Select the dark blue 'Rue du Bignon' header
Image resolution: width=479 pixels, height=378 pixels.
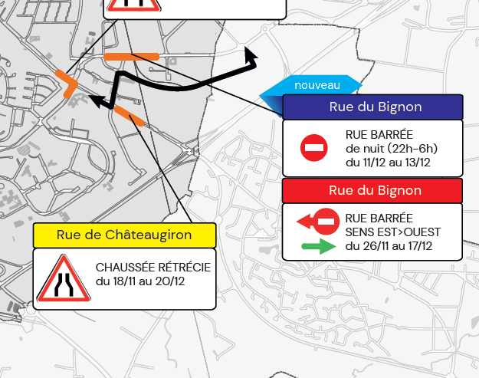(x=375, y=107)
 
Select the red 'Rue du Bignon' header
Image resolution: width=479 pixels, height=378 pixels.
(x=375, y=189)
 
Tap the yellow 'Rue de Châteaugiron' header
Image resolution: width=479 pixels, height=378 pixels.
(x=124, y=235)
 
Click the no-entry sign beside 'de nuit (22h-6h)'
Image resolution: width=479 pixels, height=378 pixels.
(x=314, y=147)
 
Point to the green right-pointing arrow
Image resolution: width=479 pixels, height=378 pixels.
(x=318, y=247)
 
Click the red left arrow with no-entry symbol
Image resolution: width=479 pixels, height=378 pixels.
(x=317, y=222)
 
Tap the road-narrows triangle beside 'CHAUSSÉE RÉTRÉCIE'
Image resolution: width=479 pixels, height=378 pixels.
(x=64, y=279)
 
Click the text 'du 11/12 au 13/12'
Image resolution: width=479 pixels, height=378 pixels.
(x=389, y=162)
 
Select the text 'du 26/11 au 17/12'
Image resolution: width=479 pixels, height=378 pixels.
(x=389, y=246)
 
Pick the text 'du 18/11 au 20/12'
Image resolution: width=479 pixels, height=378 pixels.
(x=139, y=281)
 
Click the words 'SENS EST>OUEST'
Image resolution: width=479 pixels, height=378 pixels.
(x=393, y=232)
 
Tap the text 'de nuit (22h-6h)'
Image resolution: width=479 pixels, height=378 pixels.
(x=391, y=148)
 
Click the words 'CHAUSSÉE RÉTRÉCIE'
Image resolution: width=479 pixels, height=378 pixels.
(x=153, y=267)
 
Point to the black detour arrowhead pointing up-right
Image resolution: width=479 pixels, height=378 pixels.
(x=249, y=54)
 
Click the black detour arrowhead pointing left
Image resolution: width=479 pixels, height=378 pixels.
(x=97, y=99)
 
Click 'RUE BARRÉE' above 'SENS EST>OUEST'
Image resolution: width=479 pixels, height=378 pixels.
(x=379, y=218)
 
